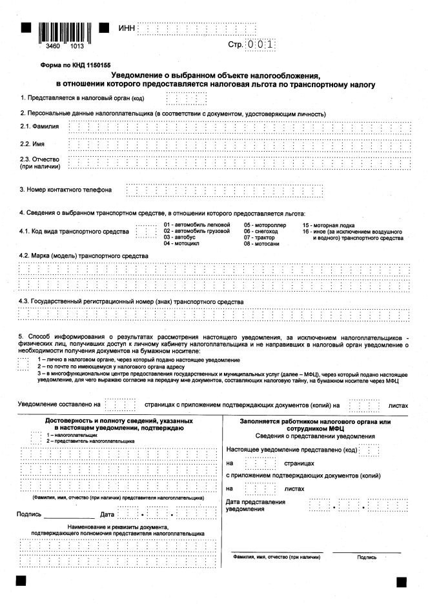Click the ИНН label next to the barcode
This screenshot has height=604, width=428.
click(127, 28)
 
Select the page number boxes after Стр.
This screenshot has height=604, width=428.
click(261, 45)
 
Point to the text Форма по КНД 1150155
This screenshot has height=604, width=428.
click(57, 66)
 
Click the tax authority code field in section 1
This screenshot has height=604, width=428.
click(187, 99)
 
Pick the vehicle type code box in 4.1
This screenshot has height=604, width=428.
click(146, 230)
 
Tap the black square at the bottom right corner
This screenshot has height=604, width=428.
click(402, 581)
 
